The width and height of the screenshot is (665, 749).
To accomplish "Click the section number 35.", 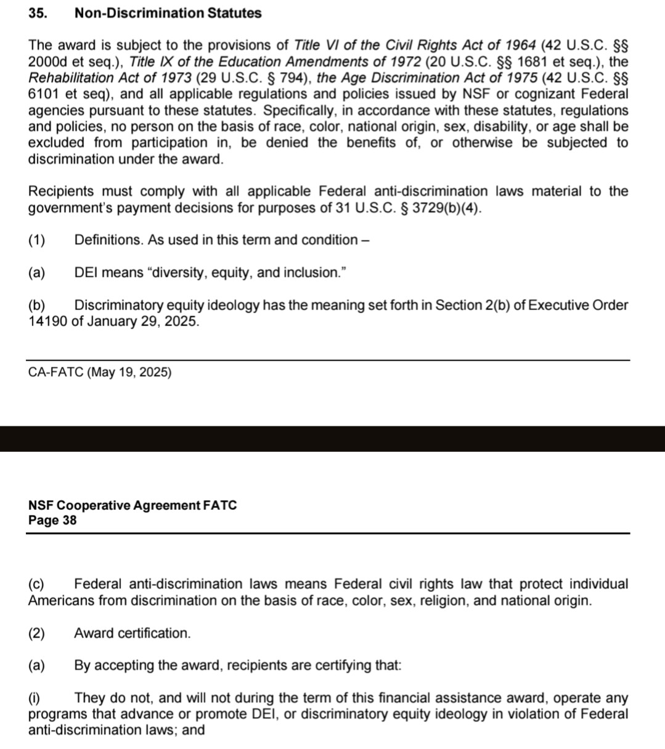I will pos(38,13).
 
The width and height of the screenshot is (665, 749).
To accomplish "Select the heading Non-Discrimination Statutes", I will pos(168,13).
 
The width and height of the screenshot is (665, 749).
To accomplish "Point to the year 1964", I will pos(520,46).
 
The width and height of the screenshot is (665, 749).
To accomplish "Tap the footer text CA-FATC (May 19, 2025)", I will pos(100,372).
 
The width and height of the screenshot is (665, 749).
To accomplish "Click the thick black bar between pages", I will pos(332,438).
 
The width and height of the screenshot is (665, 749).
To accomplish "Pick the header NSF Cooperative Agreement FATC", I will pos(133,505).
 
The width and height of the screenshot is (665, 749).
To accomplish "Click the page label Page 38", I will pos(52,520).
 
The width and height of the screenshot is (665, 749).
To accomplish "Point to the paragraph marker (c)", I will pos(36,584).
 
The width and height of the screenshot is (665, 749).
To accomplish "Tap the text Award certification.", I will pos(133,633).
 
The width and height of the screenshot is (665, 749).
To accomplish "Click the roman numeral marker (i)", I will pos(35,698).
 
